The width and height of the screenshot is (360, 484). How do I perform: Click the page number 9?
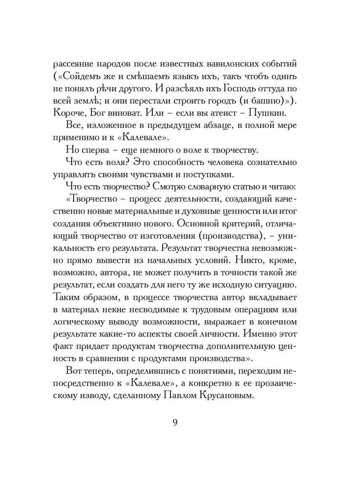pos(175,422)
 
